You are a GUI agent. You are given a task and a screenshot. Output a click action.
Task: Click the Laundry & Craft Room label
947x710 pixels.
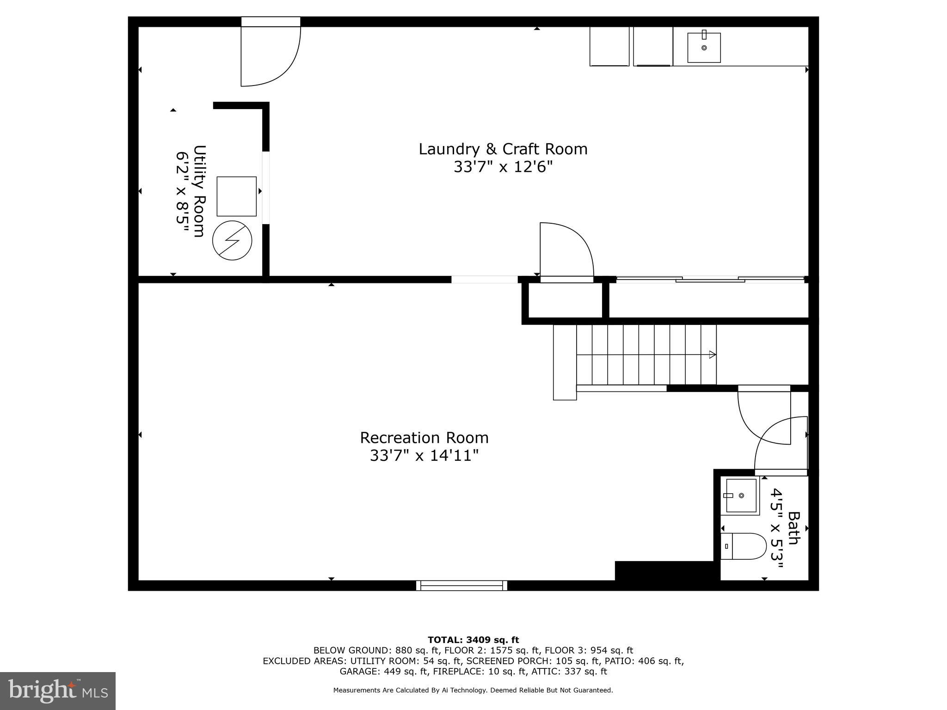[x=503, y=149]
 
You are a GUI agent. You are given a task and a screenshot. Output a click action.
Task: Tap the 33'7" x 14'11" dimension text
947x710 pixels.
[x=424, y=456]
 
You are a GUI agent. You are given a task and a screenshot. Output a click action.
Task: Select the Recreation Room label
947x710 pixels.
[x=424, y=437]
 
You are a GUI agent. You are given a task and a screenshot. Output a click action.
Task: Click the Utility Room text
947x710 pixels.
[x=199, y=191]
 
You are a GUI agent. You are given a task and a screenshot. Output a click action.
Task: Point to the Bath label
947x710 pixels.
[x=793, y=528]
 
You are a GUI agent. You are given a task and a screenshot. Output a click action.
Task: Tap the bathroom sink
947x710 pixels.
[x=741, y=496]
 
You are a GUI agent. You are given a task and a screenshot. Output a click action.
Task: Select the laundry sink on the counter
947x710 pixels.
[x=704, y=48]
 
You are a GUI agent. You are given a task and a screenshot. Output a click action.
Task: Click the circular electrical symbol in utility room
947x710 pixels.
[x=232, y=241]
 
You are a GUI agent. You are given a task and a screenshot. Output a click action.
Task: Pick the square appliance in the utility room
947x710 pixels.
[x=237, y=196]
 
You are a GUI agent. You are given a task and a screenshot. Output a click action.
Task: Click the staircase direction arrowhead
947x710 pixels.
[x=713, y=355]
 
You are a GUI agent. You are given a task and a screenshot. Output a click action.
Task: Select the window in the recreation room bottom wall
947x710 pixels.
[x=461, y=585]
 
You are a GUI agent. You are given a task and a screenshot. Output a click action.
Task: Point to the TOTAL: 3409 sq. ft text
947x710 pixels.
[x=473, y=640]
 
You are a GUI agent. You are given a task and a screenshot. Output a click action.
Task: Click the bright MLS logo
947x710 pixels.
[x=58, y=691]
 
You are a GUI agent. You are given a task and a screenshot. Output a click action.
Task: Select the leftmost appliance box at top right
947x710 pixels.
[x=609, y=46]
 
